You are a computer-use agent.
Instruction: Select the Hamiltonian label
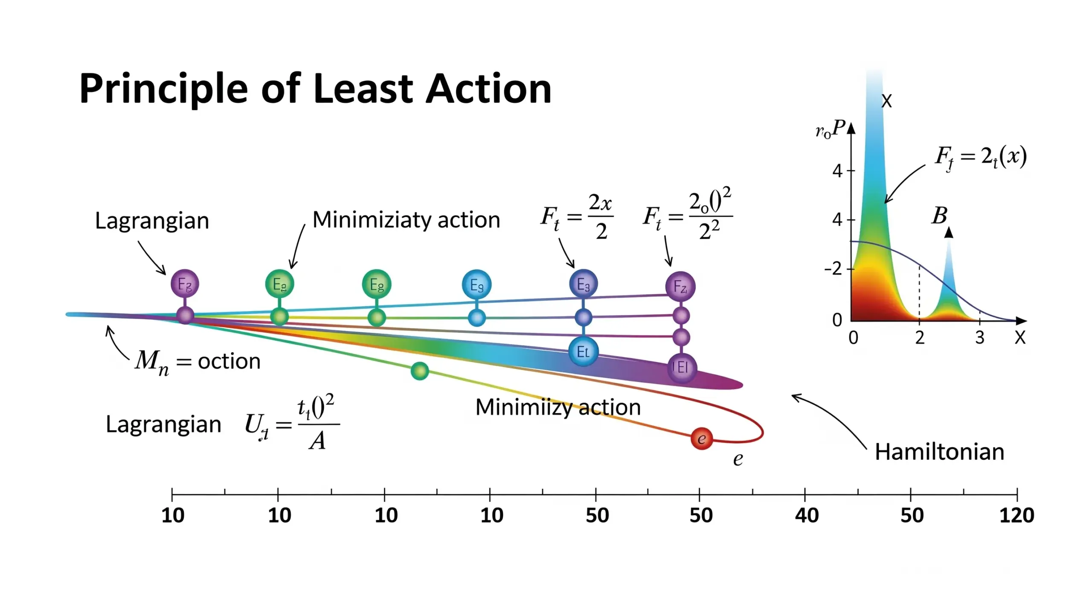tap(939, 452)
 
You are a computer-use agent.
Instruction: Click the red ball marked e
tap(701, 438)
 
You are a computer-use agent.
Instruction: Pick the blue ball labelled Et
tap(583, 351)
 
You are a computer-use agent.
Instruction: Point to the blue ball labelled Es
tap(476, 284)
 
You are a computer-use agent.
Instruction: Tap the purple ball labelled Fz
tap(680, 286)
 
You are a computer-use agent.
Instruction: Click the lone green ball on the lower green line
tap(420, 371)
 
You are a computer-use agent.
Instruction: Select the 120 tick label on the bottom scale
tap(1016, 515)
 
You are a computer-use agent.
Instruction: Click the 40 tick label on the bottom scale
tap(806, 515)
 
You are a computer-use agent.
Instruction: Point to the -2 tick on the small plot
tap(834, 269)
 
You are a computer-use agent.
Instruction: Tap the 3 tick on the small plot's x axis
tap(979, 338)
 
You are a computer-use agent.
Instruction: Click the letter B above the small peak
tap(939, 216)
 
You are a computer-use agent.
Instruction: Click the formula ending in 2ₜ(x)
tap(980, 157)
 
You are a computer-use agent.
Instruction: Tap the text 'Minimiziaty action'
tap(406, 220)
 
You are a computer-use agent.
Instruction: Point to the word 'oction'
tap(229, 362)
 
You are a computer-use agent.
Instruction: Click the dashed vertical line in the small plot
tap(919, 295)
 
